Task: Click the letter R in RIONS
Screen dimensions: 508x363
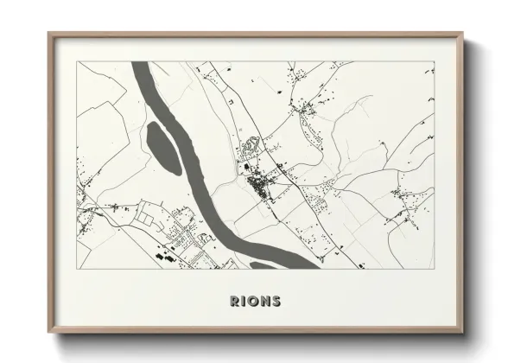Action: pos(236,301)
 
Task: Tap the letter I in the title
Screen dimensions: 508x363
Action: pos(244,301)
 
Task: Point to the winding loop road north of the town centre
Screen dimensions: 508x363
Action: pos(251,147)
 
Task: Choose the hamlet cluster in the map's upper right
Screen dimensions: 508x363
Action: pos(307,108)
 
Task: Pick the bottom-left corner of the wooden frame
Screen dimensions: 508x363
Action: pos(49,334)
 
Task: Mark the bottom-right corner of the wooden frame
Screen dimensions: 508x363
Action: pos(462,334)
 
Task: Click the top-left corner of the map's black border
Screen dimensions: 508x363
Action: pos(77,61)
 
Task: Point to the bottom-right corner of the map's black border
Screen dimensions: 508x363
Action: pos(434,269)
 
